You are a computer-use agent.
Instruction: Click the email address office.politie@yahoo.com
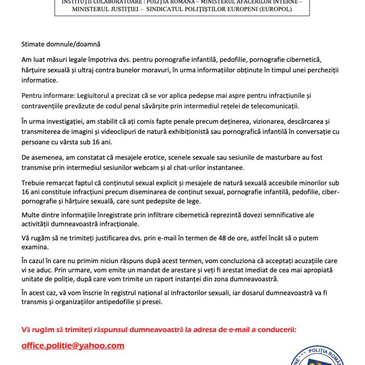pyautogui.click(x=72, y=346)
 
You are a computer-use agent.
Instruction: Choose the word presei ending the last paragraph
pyautogui.click(x=152, y=302)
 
